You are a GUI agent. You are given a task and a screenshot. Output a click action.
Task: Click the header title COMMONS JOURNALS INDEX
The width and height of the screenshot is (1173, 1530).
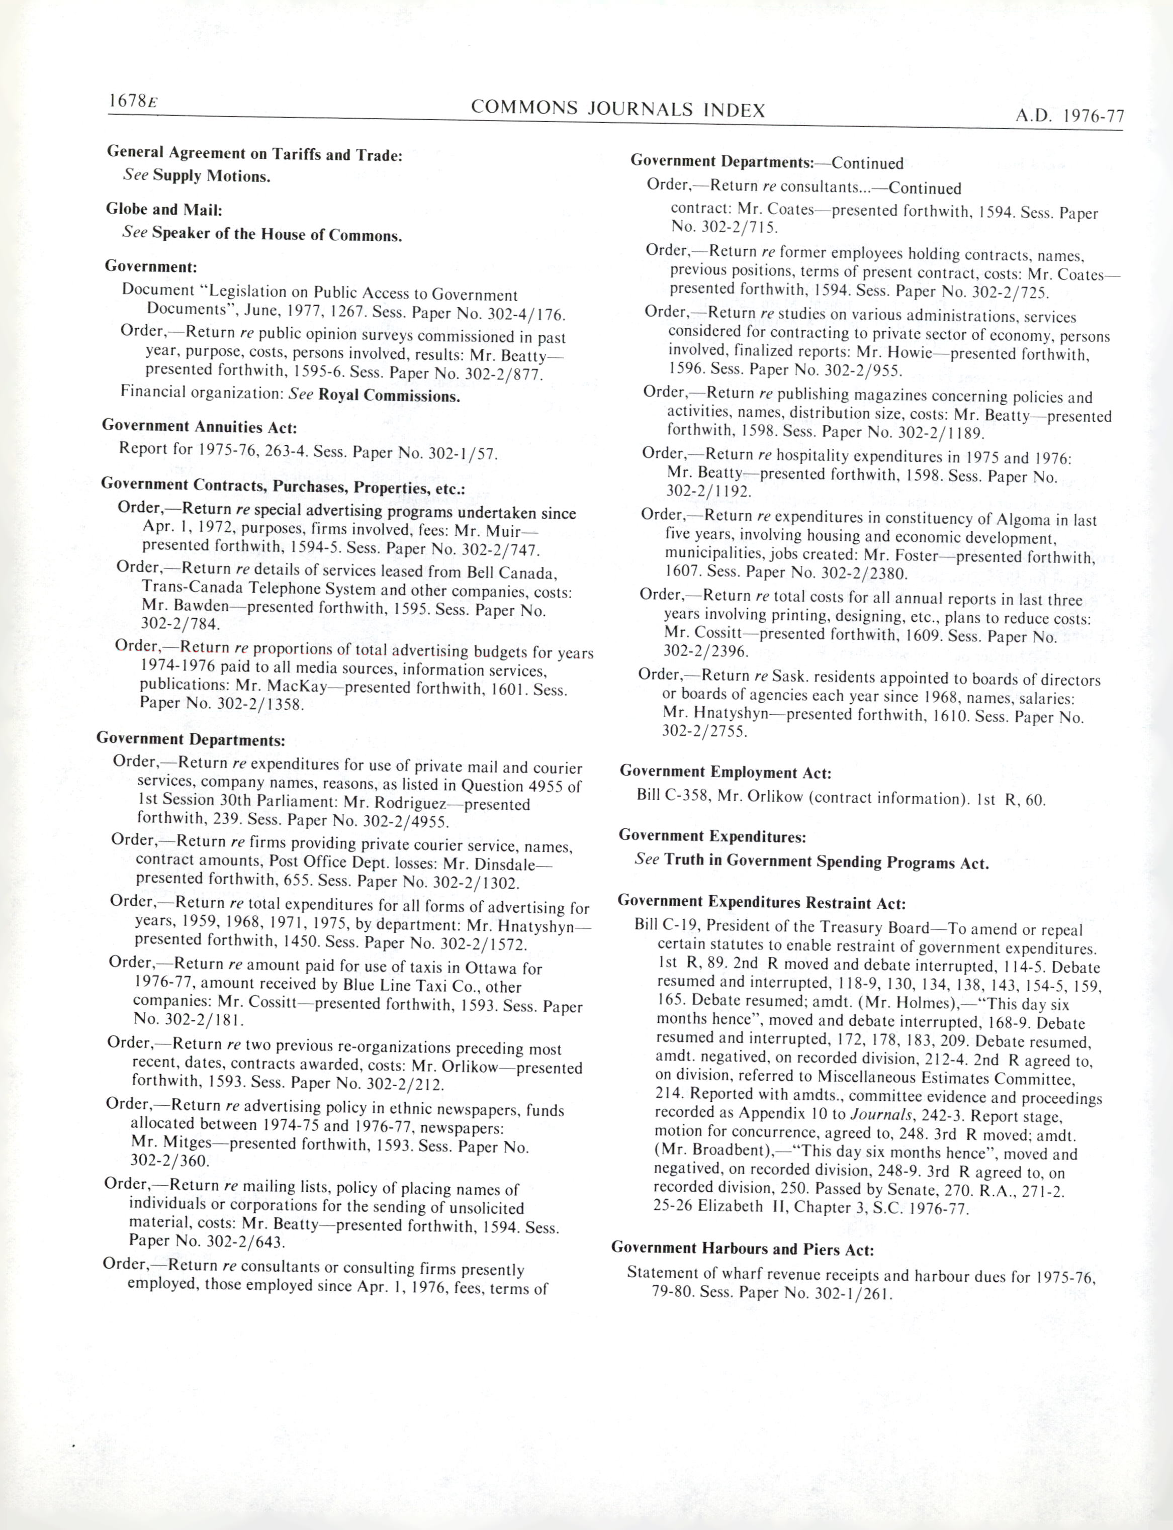(618, 110)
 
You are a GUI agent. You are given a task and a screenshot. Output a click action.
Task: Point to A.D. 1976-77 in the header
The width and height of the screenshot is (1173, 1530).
(1069, 117)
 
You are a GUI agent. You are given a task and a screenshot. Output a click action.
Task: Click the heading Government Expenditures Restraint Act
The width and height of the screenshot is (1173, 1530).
(761, 903)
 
